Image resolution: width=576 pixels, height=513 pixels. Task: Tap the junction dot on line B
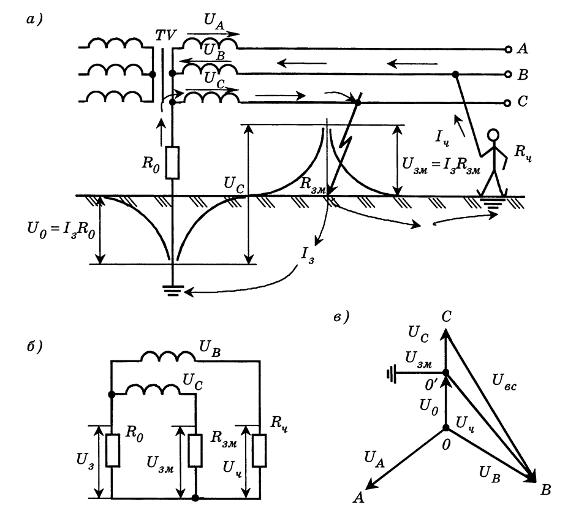[x=455, y=75]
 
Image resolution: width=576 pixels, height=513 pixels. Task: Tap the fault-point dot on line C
[x=358, y=102]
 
